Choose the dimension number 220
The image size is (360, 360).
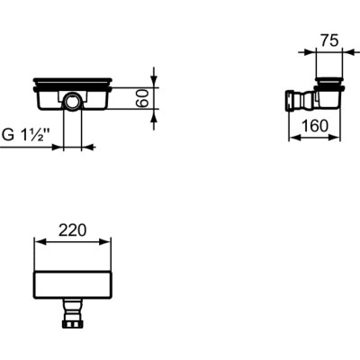[x=72, y=230]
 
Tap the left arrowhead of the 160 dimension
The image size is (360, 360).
[x=291, y=137]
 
